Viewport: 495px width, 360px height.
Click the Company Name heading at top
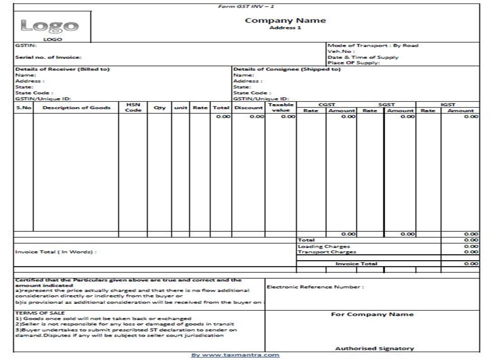(x=285, y=20)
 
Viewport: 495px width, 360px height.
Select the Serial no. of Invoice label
(x=48, y=57)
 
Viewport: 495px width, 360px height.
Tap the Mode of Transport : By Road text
(x=373, y=45)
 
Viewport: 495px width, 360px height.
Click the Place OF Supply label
(x=354, y=63)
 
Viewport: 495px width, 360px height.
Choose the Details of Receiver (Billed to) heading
(x=62, y=69)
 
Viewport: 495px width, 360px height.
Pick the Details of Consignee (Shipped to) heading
(x=287, y=69)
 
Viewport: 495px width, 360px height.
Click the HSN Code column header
(x=133, y=107)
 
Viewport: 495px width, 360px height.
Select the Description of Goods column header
(x=76, y=108)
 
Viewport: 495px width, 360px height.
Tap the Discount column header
(x=248, y=108)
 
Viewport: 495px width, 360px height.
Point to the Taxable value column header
(x=280, y=107)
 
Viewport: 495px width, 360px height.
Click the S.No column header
(x=23, y=108)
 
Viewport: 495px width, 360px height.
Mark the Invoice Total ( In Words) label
(x=56, y=252)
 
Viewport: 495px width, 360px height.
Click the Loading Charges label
(x=324, y=246)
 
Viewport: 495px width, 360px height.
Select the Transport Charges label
(x=327, y=252)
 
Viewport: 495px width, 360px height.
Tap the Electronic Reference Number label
(x=315, y=287)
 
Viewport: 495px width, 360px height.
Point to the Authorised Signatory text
(x=374, y=349)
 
